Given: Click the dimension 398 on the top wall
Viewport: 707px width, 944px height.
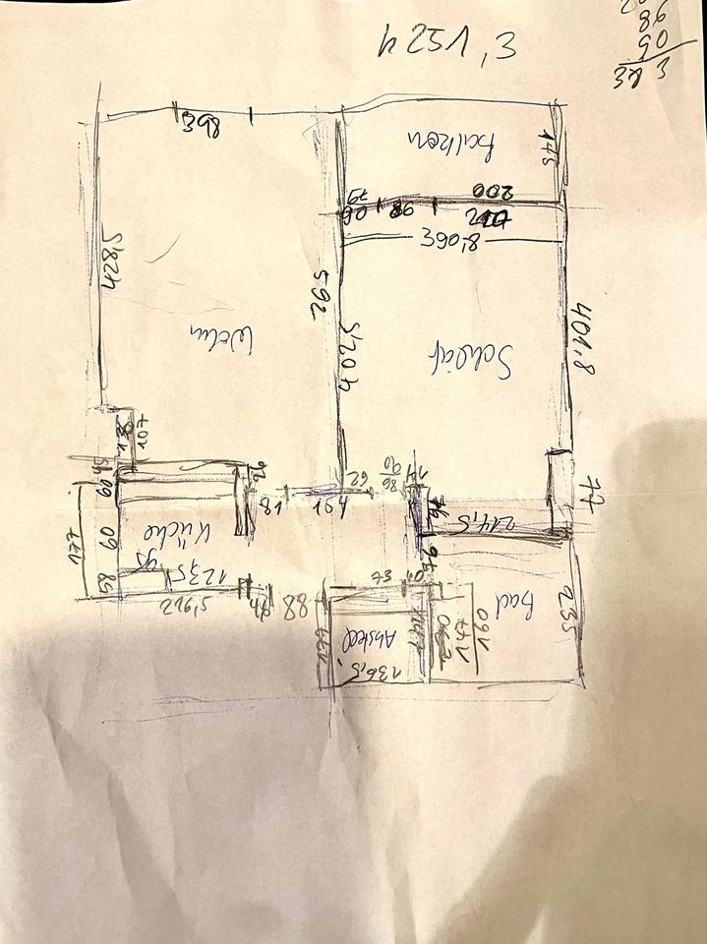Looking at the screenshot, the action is click(202, 122).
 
